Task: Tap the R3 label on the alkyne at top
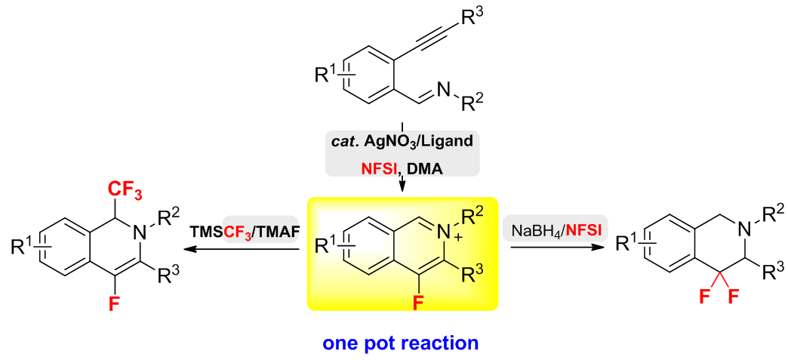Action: [x=470, y=17]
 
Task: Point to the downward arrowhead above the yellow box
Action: [x=402, y=187]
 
